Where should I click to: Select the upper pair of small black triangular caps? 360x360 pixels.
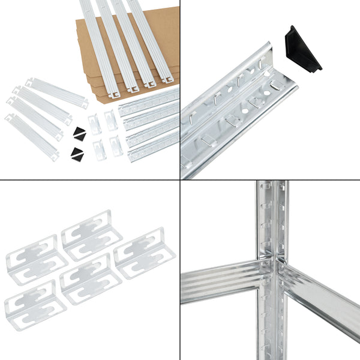(79, 131)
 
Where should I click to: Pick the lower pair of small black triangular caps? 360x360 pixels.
(76, 154)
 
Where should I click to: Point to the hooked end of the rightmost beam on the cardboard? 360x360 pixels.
(168, 77)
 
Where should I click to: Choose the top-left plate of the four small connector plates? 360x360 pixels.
(94, 124)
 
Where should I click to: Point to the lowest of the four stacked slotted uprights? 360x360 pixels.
(154, 147)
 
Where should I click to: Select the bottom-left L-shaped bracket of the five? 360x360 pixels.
(35, 305)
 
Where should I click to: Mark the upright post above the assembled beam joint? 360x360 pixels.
(273, 216)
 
